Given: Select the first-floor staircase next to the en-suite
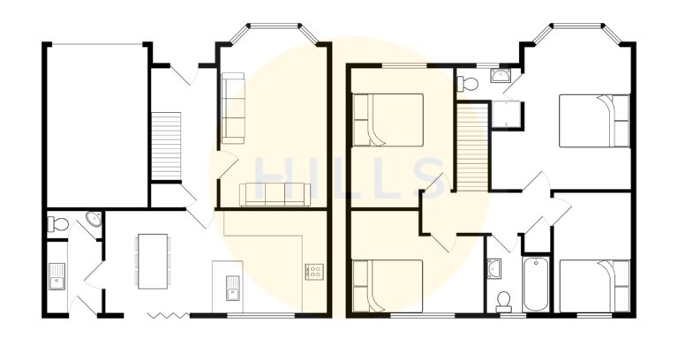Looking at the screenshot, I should click(473, 146).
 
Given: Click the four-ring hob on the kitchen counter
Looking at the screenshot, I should click(313, 272).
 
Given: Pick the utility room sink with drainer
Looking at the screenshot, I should click(57, 276).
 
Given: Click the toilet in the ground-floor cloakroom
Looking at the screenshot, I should click(57, 223).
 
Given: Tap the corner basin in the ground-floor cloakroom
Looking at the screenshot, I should click(94, 219).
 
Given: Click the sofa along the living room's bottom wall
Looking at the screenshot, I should click(274, 194).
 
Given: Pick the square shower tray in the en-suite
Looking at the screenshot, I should click(506, 113).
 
